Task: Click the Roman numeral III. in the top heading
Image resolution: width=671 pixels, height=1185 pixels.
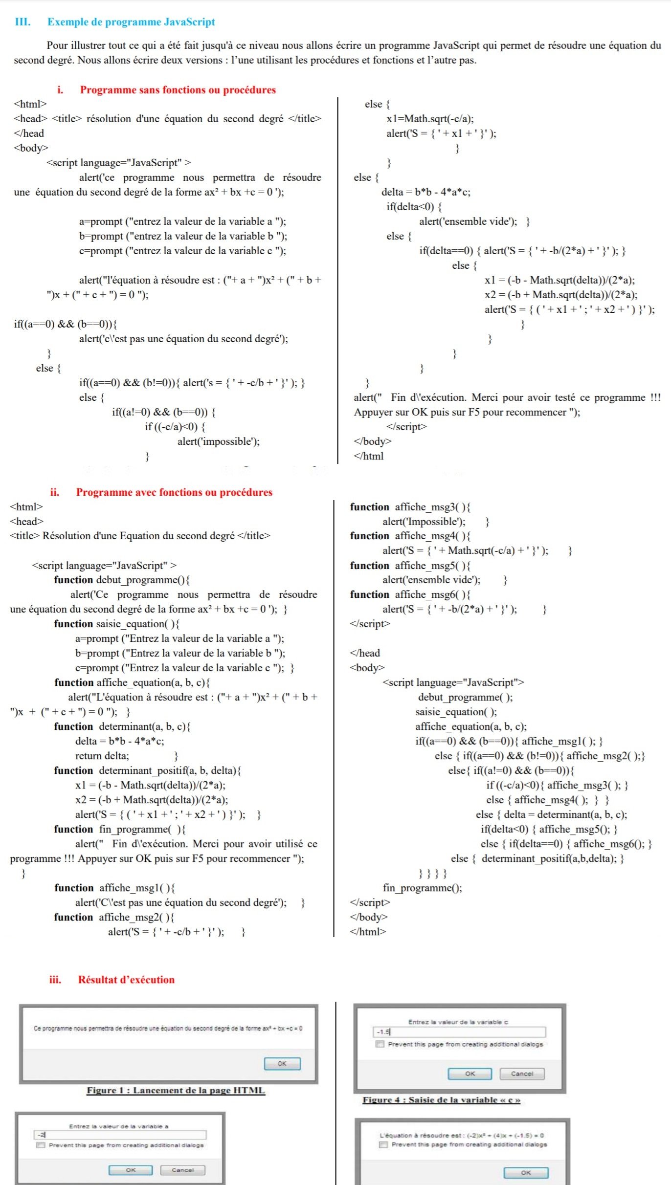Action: click(x=22, y=22)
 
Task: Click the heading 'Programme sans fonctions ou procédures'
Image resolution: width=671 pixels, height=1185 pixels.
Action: click(x=178, y=90)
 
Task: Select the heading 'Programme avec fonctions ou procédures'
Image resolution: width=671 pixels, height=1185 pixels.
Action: click(x=174, y=492)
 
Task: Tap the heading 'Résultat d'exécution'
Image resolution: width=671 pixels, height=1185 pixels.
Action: click(x=126, y=980)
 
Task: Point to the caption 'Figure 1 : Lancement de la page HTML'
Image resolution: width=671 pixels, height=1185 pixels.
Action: click(x=176, y=1090)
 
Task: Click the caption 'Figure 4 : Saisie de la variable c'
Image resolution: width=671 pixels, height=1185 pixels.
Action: click(x=441, y=1100)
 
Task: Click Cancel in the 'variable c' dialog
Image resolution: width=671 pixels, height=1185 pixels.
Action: click(x=522, y=1074)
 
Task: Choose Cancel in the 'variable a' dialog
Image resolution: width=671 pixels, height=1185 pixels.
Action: click(x=182, y=1170)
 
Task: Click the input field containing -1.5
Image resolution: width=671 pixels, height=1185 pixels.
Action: click(x=459, y=1032)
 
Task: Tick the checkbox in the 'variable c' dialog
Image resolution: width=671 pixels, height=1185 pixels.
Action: click(x=380, y=1044)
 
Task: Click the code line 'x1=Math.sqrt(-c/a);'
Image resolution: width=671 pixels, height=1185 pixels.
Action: click(x=429, y=119)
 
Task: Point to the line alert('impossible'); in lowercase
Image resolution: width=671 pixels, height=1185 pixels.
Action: click(x=218, y=442)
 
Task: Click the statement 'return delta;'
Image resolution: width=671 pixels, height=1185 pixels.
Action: click(x=102, y=756)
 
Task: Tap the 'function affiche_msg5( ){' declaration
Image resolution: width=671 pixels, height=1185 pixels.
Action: click(x=410, y=566)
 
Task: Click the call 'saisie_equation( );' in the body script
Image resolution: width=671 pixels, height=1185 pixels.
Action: click(x=456, y=712)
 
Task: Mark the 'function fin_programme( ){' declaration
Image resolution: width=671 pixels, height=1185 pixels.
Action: click(x=120, y=829)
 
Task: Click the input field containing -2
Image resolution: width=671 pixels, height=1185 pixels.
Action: click(x=120, y=1135)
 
